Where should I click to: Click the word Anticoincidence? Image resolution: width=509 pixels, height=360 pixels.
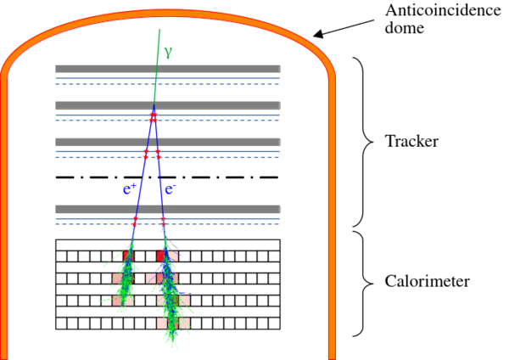coord(443,10)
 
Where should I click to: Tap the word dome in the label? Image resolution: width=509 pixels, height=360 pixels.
coord(405,28)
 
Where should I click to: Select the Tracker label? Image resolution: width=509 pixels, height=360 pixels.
coord(411,141)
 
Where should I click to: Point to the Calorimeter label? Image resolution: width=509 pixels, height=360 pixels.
coord(428,281)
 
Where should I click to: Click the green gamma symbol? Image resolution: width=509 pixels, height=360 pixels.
coord(168,52)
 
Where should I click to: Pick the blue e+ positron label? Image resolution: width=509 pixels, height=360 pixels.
coord(130,188)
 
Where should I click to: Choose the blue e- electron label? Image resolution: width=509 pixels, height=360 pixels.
coord(171,188)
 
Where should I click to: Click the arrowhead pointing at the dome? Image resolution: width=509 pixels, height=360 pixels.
coord(318,34)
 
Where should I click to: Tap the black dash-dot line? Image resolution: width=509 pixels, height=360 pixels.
coord(167,177)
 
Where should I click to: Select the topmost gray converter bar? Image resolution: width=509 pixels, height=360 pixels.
coord(168,69)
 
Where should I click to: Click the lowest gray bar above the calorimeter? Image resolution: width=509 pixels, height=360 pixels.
coord(168,209)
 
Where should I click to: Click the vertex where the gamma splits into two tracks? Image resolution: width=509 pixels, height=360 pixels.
coord(154,104)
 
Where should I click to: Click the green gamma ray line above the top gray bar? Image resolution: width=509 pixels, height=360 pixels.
coord(159,47)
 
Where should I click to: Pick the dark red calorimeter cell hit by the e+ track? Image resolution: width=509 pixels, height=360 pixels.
coord(129,256)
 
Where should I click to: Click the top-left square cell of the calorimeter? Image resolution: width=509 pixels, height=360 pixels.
coord(61,256)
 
